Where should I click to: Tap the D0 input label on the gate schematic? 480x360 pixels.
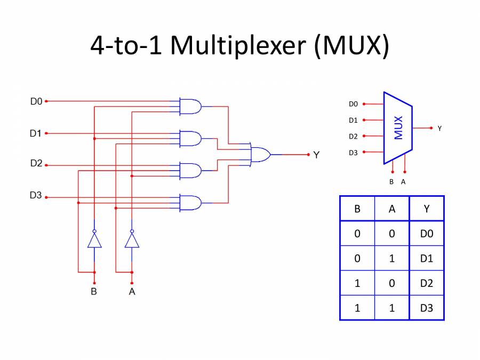[36, 101]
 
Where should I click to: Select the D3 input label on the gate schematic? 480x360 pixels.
[36, 196]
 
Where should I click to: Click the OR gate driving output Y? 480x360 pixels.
[260, 155]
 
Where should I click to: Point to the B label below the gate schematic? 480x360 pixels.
[94, 292]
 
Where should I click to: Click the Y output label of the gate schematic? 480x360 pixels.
[316, 155]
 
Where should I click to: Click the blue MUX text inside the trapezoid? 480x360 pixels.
[398, 128]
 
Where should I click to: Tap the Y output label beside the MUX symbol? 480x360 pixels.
[439, 129]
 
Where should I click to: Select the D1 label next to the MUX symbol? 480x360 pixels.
[353, 121]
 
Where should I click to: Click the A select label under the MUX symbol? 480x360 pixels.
[403, 182]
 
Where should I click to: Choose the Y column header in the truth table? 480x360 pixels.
[426, 209]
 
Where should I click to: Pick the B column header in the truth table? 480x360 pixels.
[357, 209]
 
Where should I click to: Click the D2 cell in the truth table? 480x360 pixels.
[426, 283]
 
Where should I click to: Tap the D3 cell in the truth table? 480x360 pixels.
[426, 308]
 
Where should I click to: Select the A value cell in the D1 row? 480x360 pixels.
[392, 258]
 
